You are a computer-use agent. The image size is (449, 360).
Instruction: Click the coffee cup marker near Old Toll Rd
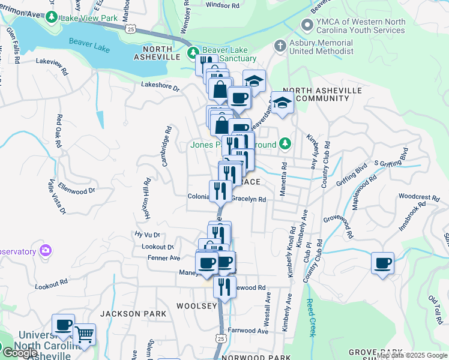pyautogui.click(x=382, y=263)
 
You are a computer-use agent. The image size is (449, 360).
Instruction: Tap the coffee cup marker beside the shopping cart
pyautogui.click(x=63, y=325)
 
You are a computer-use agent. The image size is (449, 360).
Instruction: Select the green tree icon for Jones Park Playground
pyautogui.click(x=286, y=144)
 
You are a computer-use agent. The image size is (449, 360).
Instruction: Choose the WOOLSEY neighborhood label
pyautogui.click(x=196, y=306)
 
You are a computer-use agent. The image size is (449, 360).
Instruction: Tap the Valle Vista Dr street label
pyautogui.click(x=57, y=197)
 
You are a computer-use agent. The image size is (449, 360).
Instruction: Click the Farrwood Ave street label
pyautogui.click(x=249, y=331)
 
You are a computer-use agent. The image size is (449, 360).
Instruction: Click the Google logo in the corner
pyautogui.click(x=19, y=353)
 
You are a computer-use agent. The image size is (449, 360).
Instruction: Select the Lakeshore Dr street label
pyautogui.click(x=160, y=86)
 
